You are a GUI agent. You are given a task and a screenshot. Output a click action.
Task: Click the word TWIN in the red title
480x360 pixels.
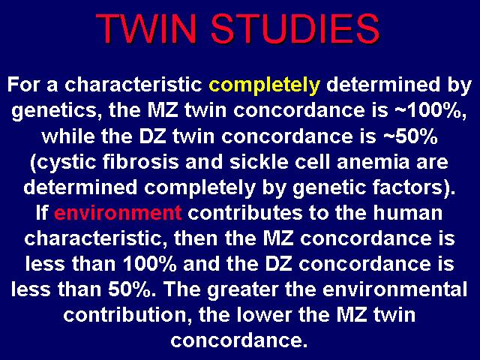(x=145, y=28)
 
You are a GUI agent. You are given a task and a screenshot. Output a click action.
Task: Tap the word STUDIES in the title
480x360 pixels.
(x=295, y=28)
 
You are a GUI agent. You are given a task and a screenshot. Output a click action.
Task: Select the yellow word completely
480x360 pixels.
(x=264, y=85)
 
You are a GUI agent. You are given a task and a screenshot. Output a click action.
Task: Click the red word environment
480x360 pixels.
(x=118, y=213)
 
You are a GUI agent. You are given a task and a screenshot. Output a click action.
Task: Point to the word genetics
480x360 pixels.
(x=54, y=112)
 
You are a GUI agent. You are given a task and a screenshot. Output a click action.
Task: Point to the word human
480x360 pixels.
(x=408, y=213)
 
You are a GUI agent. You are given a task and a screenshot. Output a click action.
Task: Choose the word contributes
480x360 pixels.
(x=245, y=213)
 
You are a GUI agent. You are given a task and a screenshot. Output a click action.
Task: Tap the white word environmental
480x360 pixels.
(x=395, y=289)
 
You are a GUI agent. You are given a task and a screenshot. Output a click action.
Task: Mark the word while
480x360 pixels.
(x=68, y=136)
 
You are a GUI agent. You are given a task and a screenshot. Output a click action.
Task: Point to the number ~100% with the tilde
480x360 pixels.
(x=431, y=110)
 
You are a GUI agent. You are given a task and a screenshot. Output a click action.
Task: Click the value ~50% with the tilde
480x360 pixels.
(x=411, y=136)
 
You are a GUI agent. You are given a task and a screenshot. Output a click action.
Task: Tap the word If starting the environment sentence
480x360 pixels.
(x=42, y=213)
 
